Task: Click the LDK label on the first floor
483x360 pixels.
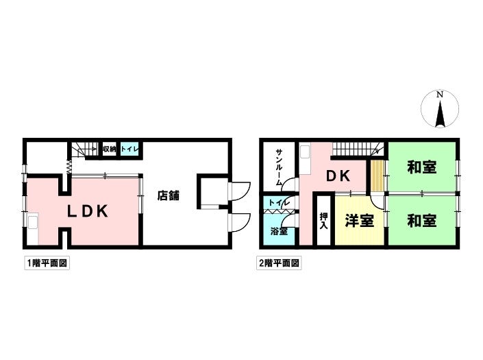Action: tap(87, 212)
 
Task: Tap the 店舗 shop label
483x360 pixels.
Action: tap(169, 195)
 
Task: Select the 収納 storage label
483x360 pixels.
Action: tap(109, 149)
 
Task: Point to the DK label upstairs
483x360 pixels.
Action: tap(338, 176)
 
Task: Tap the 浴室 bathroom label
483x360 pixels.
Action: tap(277, 232)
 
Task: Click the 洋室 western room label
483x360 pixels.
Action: tap(358, 221)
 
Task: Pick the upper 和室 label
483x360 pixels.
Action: tap(421, 167)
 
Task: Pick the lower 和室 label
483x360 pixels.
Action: tap(421, 221)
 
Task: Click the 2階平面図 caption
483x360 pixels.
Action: tap(280, 263)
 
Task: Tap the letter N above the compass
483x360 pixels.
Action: tap(441, 94)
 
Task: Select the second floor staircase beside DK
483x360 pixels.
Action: tap(357, 148)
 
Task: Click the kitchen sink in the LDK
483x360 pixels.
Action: tap(33, 223)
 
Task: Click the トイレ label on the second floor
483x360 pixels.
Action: tap(278, 203)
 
